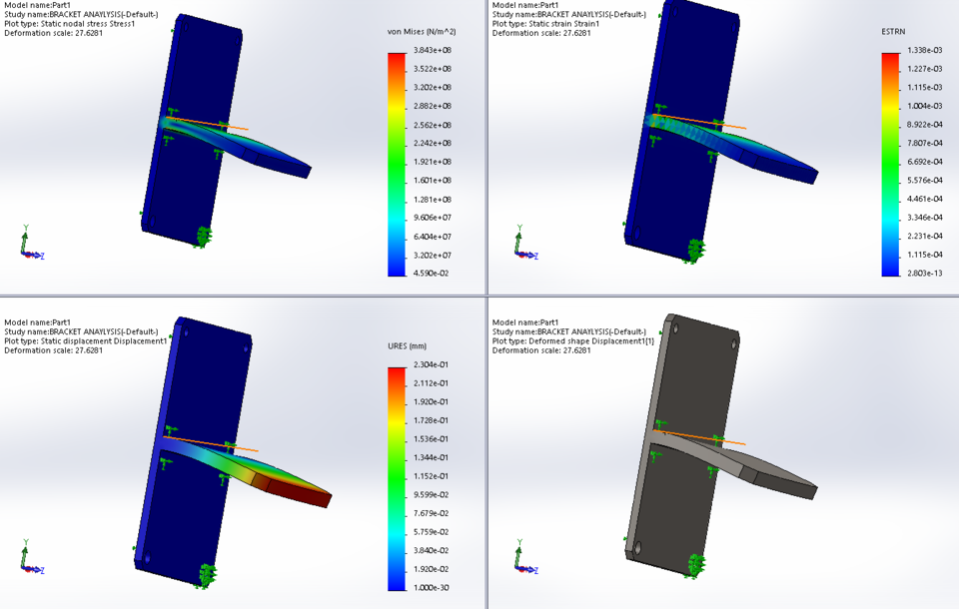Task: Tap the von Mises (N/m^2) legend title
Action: (x=421, y=32)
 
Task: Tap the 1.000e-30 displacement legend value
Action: (x=433, y=588)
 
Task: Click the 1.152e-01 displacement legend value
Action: (x=433, y=477)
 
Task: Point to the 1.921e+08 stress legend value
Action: (x=432, y=162)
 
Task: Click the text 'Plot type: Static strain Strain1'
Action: (x=559, y=24)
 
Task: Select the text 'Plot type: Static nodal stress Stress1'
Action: (x=70, y=24)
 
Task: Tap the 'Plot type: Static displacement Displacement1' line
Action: (x=86, y=341)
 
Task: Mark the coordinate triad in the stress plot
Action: (x=29, y=246)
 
